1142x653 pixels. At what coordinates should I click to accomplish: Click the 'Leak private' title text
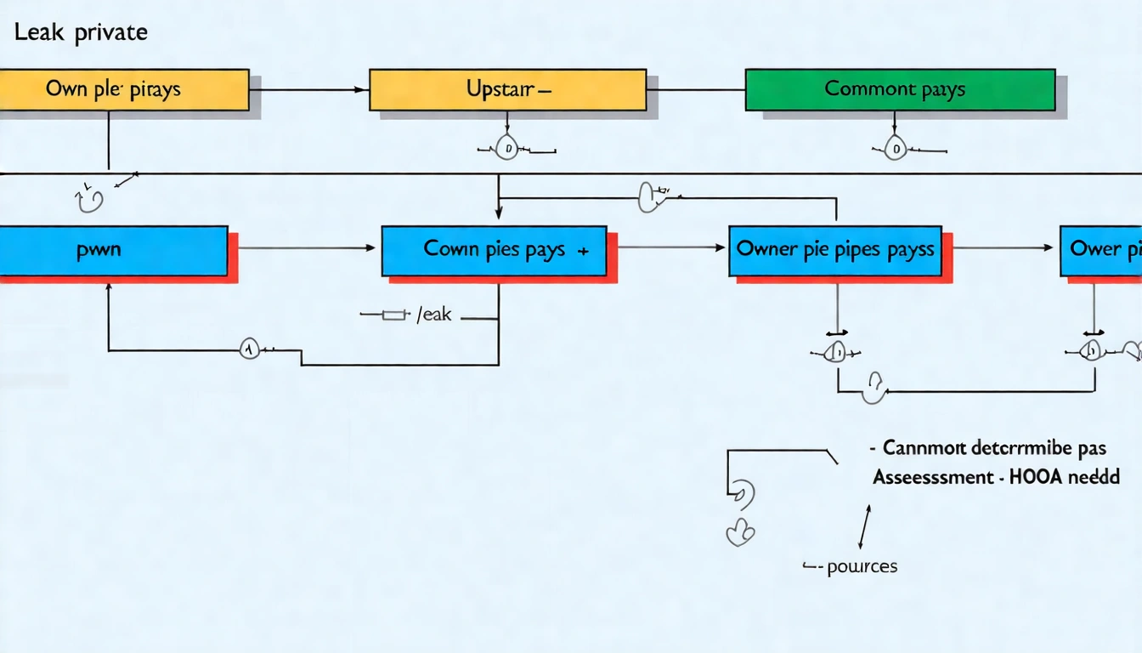click(80, 32)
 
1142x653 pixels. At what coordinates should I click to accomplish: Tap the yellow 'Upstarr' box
click(507, 89)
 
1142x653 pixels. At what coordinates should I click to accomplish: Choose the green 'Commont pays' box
click(899, 89)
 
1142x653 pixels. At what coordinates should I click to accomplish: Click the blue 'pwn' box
click(113, 250)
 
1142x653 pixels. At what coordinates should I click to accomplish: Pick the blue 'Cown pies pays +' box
click(494, 250)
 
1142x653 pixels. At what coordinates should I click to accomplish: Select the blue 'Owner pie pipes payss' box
click(834, 250)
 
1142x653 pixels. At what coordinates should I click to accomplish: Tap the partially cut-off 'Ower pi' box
click(1101, 250)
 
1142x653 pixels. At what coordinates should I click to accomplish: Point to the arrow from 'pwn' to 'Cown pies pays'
click(306, 248)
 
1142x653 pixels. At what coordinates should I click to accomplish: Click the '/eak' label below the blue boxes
click(433, 315)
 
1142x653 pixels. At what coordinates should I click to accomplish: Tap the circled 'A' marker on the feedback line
click(248, 349)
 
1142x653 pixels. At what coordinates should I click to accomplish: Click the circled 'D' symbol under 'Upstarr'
click(507, 150)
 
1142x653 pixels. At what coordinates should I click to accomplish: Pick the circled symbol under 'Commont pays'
click(895, 150)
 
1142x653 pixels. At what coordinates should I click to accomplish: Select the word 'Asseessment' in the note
click(930, 477)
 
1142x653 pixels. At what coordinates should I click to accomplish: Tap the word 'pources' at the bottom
click(862, 566)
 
